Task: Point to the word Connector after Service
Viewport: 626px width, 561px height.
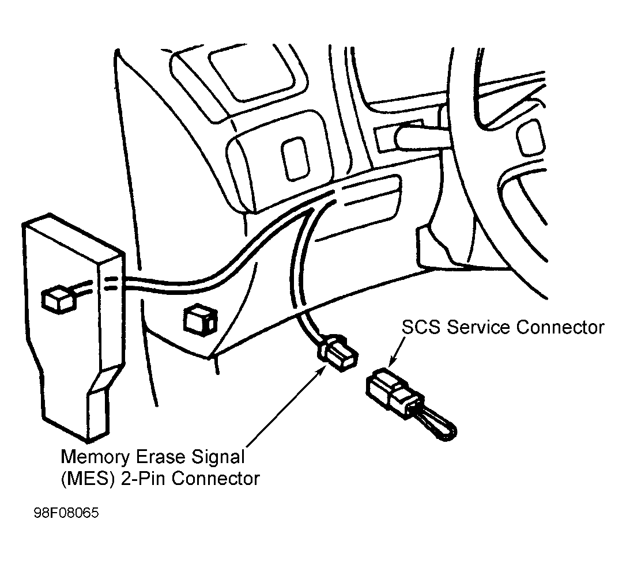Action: [560, 327]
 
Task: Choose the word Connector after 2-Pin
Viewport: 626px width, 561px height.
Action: [216, 479]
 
